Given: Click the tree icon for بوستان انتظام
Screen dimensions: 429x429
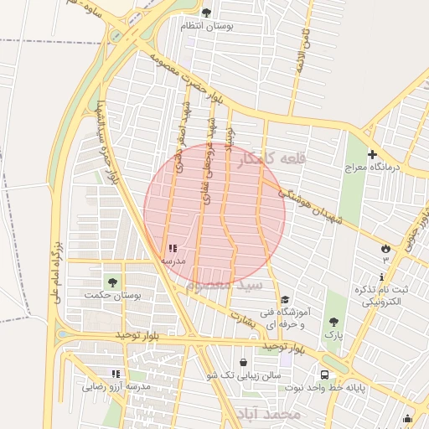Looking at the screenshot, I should click(207, 12).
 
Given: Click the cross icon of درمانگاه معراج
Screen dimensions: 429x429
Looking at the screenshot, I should click(372, 154).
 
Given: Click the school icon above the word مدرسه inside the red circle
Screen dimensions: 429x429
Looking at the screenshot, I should click(173, 248).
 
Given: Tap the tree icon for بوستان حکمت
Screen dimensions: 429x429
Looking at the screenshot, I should click(112, 282).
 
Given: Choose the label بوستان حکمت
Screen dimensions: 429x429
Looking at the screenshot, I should click(113, 296).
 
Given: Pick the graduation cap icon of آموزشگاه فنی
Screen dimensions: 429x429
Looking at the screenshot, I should click(285, 300).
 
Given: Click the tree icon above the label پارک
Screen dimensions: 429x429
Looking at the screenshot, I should click(334, 321).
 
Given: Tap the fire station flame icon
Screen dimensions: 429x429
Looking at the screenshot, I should click(385, 248).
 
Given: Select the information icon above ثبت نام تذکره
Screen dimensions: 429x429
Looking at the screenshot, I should click(382, 277).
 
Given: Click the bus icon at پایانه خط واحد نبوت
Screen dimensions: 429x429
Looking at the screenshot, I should click(323, 375).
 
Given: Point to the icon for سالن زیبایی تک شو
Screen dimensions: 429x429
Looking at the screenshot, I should click(243, 363).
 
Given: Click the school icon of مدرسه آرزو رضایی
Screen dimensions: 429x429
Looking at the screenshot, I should click(116, 374).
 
